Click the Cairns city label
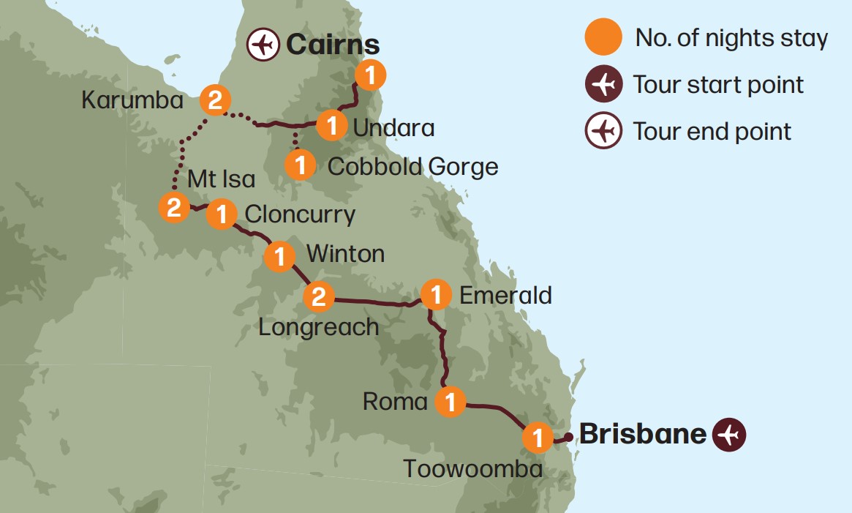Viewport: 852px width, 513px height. coord(333,45)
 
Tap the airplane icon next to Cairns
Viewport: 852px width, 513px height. coord(263,45)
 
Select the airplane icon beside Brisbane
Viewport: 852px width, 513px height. coord(729,435)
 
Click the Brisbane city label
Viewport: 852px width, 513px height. coord(643,434)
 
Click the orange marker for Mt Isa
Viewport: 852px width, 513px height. coord(174,207)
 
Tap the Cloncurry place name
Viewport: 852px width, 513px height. coord(300,214)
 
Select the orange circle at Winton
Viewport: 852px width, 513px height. coord(279,257)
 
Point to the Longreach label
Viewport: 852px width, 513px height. coord(319,326)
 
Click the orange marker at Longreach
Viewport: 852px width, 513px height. coord(319,296)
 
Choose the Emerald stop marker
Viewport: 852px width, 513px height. coord(436,295)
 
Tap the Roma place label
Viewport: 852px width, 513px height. coord(395,402)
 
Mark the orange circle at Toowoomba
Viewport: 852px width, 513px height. coord(538,438)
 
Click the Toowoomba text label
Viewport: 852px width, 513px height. coord(473,468)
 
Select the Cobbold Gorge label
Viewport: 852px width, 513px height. coord(412,166)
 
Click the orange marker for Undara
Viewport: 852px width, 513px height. coord(332,126)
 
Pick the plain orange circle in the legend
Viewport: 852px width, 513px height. coord(603,38)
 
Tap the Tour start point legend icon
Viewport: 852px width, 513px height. coord(603,85)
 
